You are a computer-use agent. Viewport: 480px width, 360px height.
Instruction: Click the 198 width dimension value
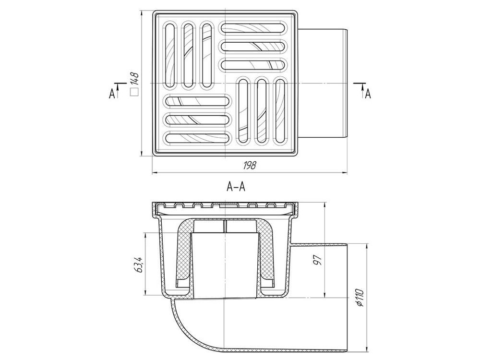click(250, 166)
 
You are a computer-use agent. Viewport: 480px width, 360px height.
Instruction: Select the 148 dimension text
click(135, 79)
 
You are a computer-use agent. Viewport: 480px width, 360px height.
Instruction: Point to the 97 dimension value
click(318, 260)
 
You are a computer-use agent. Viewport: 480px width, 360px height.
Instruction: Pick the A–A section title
click(236, 186)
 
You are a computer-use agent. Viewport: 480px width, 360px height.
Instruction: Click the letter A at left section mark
click(112, 94)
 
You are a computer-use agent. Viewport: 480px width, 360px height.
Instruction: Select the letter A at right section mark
click(368, 94)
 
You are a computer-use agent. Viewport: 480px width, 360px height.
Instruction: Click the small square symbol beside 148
click(134, 93)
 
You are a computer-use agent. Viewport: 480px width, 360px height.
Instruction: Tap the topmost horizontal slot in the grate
click(254, 27)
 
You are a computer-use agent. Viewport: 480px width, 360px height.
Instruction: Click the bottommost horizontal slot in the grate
click(197, 138)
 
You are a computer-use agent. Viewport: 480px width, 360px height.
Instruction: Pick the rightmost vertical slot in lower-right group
click(279, 111)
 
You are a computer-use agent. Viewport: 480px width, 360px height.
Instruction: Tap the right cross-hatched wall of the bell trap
click(266, 253)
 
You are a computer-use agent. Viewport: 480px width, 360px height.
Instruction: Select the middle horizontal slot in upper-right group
click(254, 46)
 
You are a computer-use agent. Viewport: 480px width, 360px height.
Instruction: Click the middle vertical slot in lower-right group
click(262, 111)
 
